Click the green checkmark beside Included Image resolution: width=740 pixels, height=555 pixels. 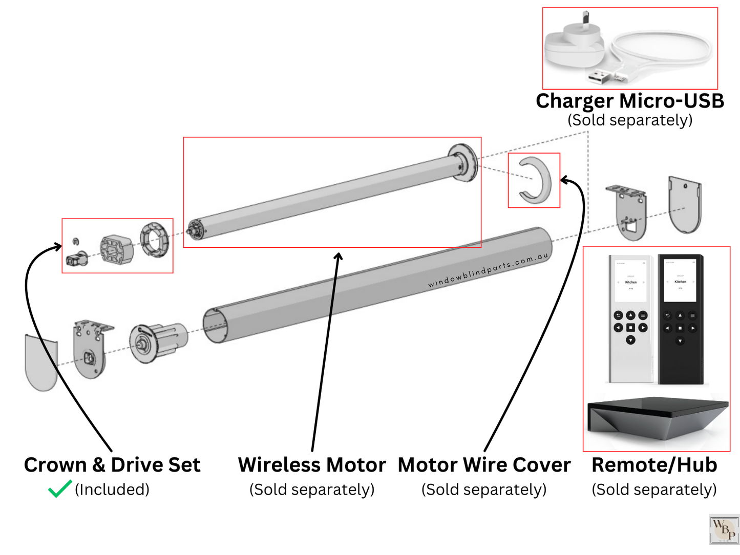tap(59, 489)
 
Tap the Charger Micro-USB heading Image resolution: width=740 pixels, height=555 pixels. tap(629, 101)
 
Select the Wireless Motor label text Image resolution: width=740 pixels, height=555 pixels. tap(311, 465)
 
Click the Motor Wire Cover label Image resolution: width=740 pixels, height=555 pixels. tap(484, 465)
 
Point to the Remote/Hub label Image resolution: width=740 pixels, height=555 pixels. tap(654, 465)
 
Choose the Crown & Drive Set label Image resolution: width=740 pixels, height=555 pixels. tap(112, 465)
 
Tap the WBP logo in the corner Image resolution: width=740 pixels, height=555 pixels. tap(724, 529)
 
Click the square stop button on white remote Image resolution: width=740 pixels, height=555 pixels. tap(630, 328)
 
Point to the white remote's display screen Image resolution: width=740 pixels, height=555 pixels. tap(630, 282)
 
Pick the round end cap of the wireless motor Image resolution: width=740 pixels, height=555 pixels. tap(463, 163)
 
